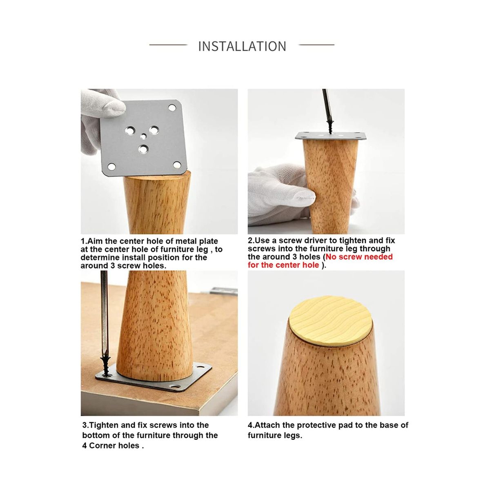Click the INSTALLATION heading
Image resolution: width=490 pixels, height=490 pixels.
[242, 46]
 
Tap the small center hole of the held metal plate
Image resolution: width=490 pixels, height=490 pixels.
[144, 136]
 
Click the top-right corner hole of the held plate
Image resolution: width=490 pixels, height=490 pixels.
[172, 108]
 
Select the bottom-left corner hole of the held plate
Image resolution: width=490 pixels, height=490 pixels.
[111, 167]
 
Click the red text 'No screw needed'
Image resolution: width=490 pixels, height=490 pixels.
[359, 257]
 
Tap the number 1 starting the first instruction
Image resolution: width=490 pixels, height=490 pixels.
[82, 241]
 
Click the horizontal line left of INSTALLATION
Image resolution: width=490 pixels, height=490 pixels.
[168, 45]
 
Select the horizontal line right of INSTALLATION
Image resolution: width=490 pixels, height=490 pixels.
[316, 45]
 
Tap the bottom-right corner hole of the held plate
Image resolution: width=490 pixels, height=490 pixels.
[177, 165]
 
